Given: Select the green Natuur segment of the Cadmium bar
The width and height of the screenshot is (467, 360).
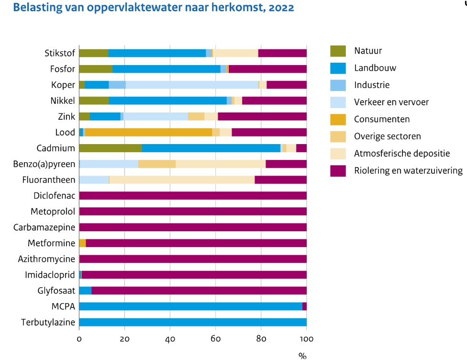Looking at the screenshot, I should (x=110, y=148).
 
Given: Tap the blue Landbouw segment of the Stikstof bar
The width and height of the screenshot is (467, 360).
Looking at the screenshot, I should (x=157, y=53).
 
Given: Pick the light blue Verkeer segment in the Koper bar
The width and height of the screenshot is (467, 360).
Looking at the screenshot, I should (x=191, y=85).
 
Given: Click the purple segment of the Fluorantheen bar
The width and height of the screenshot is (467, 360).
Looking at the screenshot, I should (x=280, y=180).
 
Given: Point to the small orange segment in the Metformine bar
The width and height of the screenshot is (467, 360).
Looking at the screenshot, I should (x=82, y=243).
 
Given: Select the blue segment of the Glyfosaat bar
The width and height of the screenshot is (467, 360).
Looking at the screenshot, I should (x=85, y=291).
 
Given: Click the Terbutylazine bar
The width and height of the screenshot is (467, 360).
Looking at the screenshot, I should (x=192, y=322).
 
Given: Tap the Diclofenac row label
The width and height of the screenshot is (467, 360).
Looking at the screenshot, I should (x=54, y=196).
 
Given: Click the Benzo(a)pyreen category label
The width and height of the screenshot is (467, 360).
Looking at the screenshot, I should (x=44, y=164).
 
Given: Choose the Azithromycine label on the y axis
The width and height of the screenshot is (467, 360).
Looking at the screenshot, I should (x=46, y=259).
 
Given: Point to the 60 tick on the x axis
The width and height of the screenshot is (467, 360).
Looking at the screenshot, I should (x=215, y=339).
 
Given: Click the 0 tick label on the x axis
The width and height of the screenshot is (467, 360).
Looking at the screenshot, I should (x=79, y=339).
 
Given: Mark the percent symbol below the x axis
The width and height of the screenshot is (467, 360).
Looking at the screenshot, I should (x=302, y=355).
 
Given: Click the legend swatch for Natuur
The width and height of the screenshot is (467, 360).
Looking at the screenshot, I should (x=338, y=51).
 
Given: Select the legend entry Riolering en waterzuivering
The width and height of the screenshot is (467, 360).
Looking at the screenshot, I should (x=408, y=171).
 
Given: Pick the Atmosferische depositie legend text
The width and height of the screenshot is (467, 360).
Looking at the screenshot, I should (x=401, y=154).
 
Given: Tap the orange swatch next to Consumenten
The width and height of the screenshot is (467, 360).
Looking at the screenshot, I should (x=338, y=119).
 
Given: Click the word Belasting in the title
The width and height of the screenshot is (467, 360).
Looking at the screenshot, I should (x=33, y=8).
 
